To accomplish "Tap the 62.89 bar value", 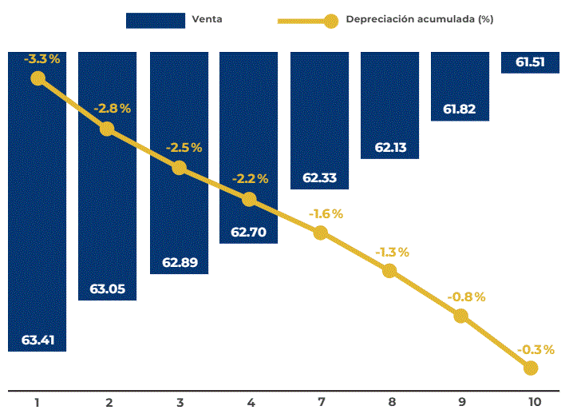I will click(179, 263).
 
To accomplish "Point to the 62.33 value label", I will click(319, 178).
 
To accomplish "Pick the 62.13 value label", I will click(389, 147).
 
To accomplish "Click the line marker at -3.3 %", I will click(37, 78).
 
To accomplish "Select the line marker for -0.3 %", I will click(531, 368).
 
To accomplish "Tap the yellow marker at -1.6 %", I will click(320, 233).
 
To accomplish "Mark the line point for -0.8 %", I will click(460, 315).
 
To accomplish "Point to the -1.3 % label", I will click(392, 252).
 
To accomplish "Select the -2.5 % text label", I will click(184, 148).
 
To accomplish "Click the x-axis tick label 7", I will click(320, 403).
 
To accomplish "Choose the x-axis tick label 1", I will click(37, 403).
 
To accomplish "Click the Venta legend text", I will click(207, 19).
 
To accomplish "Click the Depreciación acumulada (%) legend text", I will click(419, 19).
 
